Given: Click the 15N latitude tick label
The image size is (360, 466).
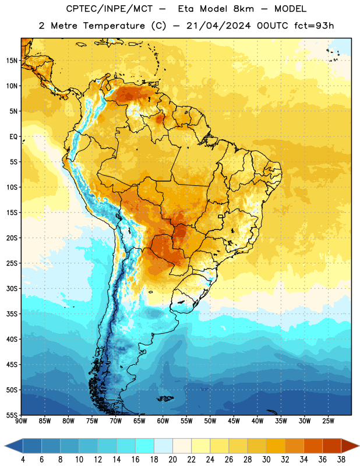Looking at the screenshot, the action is [12, 61].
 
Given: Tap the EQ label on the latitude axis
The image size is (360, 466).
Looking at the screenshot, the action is [13, 137].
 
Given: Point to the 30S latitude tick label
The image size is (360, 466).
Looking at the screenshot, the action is [12, 288].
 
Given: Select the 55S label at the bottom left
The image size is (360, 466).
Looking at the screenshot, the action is [12, 415].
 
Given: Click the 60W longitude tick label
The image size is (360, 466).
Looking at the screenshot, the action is [163, 421].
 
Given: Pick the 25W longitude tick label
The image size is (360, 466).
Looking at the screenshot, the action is [328, 421].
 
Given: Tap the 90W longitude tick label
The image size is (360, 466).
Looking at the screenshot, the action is [21, 421].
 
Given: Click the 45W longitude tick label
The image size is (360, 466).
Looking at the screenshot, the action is [234, 421].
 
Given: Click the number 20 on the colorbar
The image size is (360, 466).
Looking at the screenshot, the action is [172, 460].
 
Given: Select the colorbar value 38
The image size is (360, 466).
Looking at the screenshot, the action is [341, 460].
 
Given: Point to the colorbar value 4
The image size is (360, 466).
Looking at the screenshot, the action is [23, 460].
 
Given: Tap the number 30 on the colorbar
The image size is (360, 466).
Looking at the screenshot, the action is [266, 460].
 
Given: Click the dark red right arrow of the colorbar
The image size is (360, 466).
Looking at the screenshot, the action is [350, 446].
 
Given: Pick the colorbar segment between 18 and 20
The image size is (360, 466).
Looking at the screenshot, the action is [163, 446].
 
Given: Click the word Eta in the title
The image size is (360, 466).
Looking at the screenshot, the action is [186, 9].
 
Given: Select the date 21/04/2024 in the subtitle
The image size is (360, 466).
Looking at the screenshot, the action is [218, 26].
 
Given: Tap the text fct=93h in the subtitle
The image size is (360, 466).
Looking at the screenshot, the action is [314, 26].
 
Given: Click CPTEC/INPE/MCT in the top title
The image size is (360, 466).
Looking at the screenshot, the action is [109, 9].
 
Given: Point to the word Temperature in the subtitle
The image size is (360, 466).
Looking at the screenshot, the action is [114, 26].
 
